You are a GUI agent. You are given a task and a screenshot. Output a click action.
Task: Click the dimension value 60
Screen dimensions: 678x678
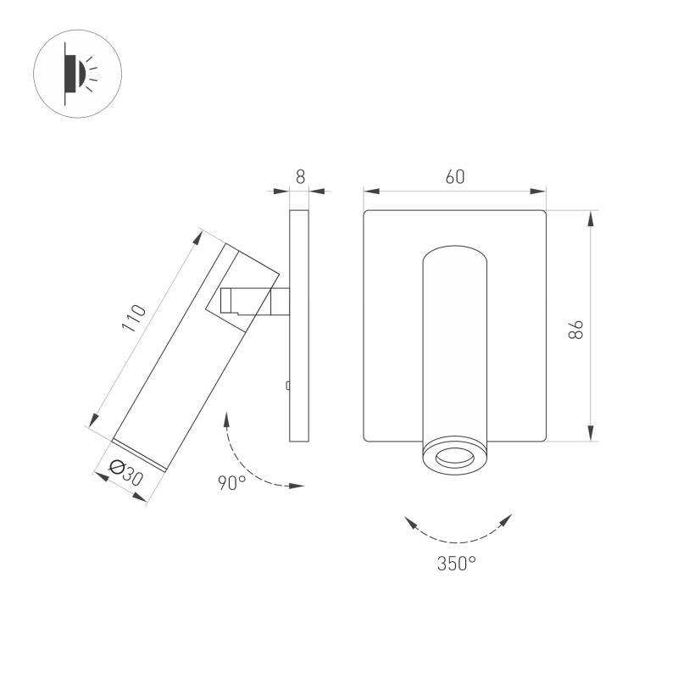(x=455, y=177)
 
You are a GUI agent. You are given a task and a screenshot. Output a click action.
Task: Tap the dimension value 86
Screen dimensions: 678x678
(x=576, y=330)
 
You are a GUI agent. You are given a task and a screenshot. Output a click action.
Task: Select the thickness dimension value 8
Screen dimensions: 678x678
(x=300, y=177)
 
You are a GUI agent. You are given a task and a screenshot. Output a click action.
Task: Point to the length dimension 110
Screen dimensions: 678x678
(x=134, y=318)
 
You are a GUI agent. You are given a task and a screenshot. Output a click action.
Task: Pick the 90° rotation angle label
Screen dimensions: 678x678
(x=231, y=482)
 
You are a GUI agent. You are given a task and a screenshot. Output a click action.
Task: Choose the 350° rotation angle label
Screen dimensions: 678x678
(x=457, y=564)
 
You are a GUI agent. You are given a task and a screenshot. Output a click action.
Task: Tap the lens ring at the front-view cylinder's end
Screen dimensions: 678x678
(x=454, y=457)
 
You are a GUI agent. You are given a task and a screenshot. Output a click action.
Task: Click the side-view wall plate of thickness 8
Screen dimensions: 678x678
(x=299, y=325)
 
